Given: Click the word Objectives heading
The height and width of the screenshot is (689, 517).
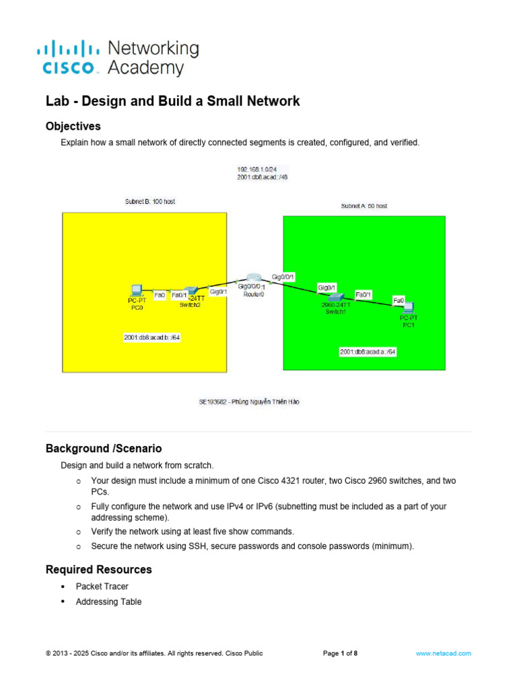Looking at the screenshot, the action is [73, 126].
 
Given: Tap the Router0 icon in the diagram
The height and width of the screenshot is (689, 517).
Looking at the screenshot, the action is [253, 279].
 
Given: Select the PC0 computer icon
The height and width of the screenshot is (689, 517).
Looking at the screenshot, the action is [137, 291].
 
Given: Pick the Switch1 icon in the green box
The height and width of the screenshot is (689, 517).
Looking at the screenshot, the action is [335, 296].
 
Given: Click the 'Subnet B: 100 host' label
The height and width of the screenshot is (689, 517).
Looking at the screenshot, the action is [150, 201].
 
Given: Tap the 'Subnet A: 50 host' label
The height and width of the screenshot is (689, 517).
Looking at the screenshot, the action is [364, 206].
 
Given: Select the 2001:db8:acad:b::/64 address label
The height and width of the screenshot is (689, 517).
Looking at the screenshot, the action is [151, 337].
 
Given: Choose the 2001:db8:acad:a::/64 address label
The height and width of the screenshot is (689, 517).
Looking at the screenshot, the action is [368, 351].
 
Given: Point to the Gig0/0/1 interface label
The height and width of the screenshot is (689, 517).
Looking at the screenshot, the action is [283, 276].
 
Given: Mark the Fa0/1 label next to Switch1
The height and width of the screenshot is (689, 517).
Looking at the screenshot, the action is [364, 295].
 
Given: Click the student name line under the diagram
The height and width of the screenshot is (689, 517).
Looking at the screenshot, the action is [248, 402].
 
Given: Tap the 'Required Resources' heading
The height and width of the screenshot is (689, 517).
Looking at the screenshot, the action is [98, 569].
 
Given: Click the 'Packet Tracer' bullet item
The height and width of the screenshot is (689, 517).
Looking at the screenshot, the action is [102, 587].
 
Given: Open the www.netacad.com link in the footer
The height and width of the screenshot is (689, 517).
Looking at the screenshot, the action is [443, 653].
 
